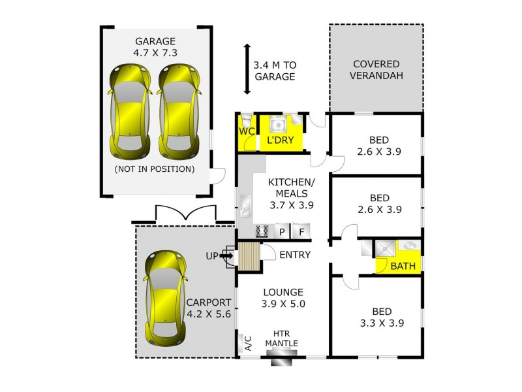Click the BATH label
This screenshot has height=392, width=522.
pos(402,265)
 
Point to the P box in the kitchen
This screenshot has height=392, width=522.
pos(283,231)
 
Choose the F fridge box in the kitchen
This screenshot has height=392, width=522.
pos(302,231)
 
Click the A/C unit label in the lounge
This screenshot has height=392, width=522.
pos(247,342)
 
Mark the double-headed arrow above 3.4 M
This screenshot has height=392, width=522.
pos(247,69)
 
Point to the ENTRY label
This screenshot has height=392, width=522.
pos(295,255)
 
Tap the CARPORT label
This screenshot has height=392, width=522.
pos(208,302)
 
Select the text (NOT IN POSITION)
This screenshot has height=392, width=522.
pos(154,169)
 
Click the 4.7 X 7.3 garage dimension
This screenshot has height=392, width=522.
pos(155,54)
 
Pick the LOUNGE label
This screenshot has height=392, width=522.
pos(283,291)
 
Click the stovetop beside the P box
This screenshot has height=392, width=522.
pos(263,231)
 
